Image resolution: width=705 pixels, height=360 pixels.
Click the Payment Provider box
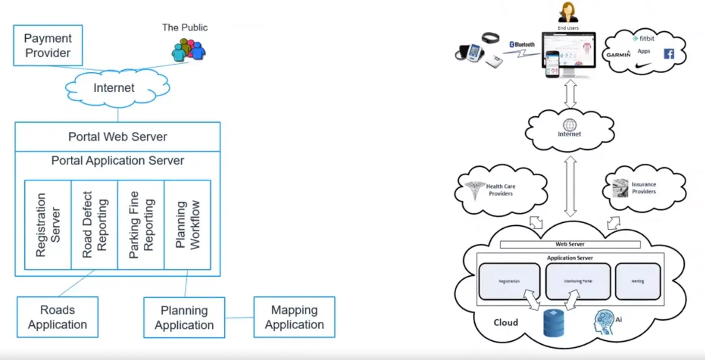point(48,45)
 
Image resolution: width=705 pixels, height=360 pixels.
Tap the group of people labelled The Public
point(188,50)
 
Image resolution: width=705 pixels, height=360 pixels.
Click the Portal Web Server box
point(118,137)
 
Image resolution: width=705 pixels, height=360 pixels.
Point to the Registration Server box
point(48,225)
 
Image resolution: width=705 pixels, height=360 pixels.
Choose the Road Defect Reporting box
point(94,225)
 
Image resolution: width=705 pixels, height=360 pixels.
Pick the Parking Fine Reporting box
point(141,225)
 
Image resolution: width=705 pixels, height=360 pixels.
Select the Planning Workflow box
point(187,225)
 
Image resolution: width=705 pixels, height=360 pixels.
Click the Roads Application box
point(58,317)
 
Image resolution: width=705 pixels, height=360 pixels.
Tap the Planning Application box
point(184,318)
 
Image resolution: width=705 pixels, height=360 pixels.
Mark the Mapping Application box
point(294,317)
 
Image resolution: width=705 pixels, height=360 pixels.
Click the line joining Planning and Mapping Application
point(239,318)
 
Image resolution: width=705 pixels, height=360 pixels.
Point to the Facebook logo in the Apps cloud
point(669,54)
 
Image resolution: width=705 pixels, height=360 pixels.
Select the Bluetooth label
point(522,44)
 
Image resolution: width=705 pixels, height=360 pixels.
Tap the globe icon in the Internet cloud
point(570,125)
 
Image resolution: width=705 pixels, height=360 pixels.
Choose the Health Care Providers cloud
point(500,190)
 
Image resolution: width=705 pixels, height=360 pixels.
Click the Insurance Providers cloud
point(644,188)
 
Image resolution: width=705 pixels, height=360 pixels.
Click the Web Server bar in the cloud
point(570,244)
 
